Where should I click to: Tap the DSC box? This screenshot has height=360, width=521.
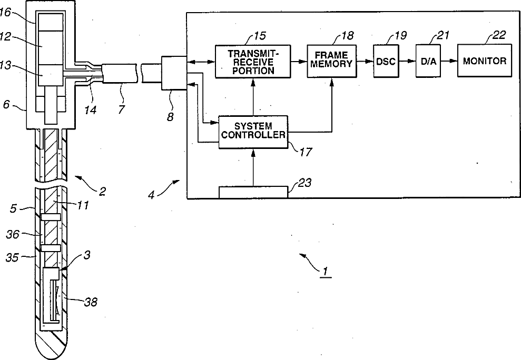click(386, 61)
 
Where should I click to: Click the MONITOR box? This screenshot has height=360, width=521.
click(484, 61)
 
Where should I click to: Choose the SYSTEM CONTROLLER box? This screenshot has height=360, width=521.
click(253, 131)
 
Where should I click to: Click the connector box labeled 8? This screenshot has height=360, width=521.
click(174, 74)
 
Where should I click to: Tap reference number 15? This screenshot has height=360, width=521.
click(260, 36)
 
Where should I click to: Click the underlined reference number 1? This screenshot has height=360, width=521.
click(326, 272)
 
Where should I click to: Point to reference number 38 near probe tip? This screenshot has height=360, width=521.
click(90, 302)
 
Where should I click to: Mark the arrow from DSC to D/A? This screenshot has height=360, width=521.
click(407, 61)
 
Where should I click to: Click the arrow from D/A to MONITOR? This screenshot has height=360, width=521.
click(448, 61)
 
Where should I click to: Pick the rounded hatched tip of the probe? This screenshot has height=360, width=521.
click(51, 342)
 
